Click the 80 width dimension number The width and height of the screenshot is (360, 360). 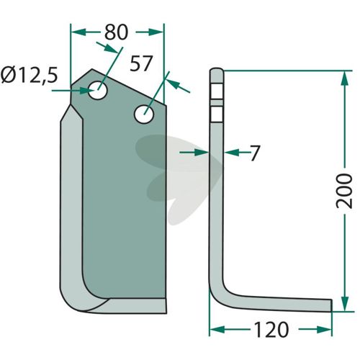pos(116,32)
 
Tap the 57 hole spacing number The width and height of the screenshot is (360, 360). pos(141,63)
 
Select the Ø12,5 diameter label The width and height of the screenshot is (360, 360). pos(29,75)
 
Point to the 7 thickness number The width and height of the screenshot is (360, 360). pos(255,153)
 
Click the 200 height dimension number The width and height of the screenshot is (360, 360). pos(344,192)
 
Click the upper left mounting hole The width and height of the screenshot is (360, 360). pos(98,90)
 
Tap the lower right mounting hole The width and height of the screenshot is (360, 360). pos(144,114)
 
